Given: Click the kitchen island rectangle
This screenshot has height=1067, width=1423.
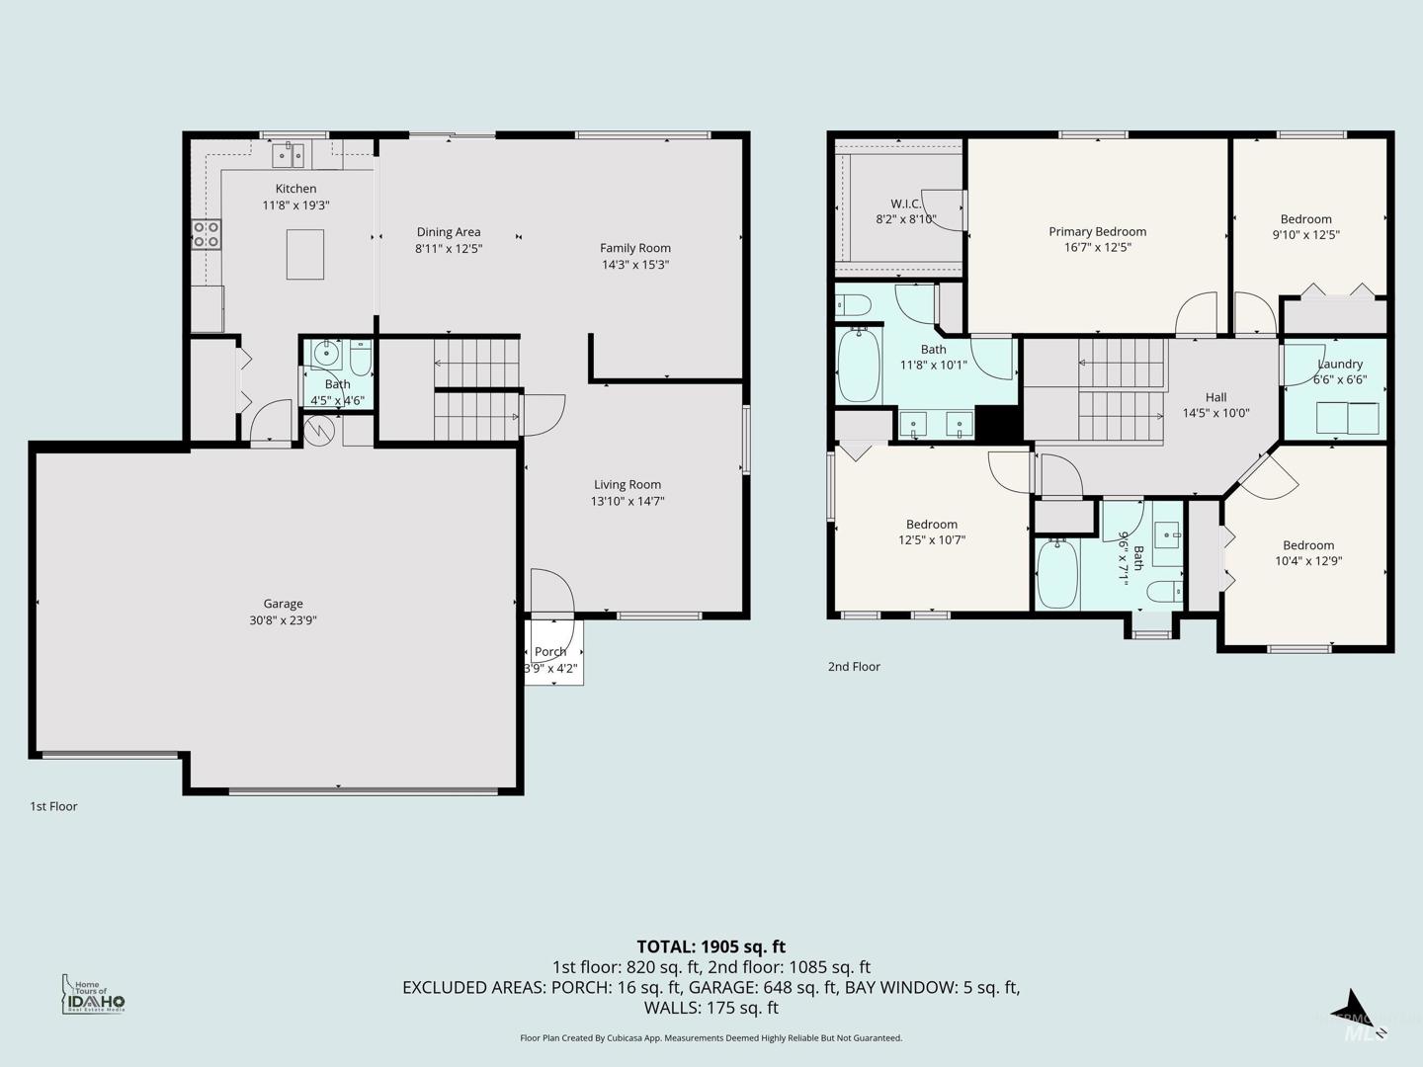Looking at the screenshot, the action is (304, 254).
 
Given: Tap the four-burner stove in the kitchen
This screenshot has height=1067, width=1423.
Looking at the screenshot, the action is (207, 234).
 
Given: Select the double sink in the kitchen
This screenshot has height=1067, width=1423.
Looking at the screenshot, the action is (288, 155).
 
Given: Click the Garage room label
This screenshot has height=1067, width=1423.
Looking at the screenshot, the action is (283, 604).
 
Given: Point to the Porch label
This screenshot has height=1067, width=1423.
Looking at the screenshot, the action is (550, 652).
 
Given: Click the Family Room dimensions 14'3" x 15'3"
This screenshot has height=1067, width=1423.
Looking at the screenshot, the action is (635, 265).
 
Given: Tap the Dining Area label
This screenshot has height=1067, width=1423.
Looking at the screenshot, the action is (449, 232).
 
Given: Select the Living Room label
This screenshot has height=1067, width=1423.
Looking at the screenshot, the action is (628, 484).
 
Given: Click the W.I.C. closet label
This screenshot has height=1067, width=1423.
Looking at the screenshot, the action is (905, 205).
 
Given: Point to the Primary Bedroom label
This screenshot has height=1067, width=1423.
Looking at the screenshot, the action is (1098, 231).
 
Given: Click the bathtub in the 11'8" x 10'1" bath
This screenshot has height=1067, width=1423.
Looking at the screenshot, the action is (859, 366).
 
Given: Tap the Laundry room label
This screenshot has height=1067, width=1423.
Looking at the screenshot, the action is (1340, 365).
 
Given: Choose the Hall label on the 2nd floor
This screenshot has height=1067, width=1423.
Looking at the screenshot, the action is (1216, 397).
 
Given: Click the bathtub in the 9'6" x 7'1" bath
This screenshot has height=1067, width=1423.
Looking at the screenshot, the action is (1057, 574).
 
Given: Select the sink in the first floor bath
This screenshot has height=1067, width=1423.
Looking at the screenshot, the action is (326, 353).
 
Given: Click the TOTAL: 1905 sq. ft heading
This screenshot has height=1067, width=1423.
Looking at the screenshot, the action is (711, 947).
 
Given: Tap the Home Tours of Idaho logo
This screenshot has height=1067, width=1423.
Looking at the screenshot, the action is (93, 995).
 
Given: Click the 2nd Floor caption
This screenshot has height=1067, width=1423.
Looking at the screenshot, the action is (854, 667).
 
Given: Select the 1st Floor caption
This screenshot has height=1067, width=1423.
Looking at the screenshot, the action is (53, 806).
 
